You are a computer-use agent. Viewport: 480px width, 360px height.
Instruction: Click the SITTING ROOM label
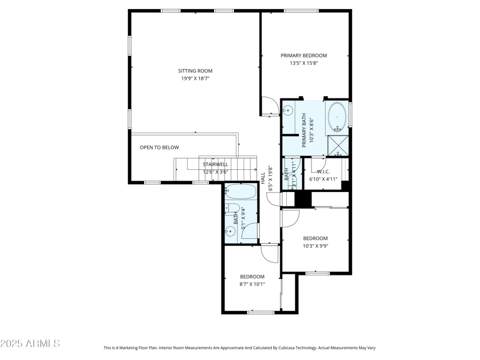tap(195, 71)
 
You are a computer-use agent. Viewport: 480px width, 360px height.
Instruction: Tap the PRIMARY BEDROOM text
tap(304, 55)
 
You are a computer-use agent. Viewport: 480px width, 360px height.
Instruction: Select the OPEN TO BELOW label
tap(159, 147)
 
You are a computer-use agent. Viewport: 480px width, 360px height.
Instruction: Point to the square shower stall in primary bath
tap(337, 145)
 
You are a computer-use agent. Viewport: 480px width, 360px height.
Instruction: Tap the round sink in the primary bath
tap(288, 110)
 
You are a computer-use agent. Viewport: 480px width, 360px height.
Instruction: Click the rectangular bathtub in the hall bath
tap(240, 193)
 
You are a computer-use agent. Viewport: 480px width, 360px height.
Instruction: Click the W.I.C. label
tap(323, 172)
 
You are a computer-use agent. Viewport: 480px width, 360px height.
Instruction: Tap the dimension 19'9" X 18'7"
tap(195, 79)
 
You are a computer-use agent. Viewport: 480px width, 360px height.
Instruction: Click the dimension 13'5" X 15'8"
tap(304, 63)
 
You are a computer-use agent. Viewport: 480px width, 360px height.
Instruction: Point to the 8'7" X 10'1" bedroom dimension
tap(252, 284)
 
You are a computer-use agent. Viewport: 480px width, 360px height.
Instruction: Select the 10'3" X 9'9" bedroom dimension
tap(315, 245)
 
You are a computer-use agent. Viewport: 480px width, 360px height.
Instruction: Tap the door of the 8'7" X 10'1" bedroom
tap(270, 253)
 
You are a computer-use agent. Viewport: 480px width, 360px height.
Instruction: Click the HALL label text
tap(263, 178)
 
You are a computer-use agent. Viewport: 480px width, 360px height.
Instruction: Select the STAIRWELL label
tap(215, 164)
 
